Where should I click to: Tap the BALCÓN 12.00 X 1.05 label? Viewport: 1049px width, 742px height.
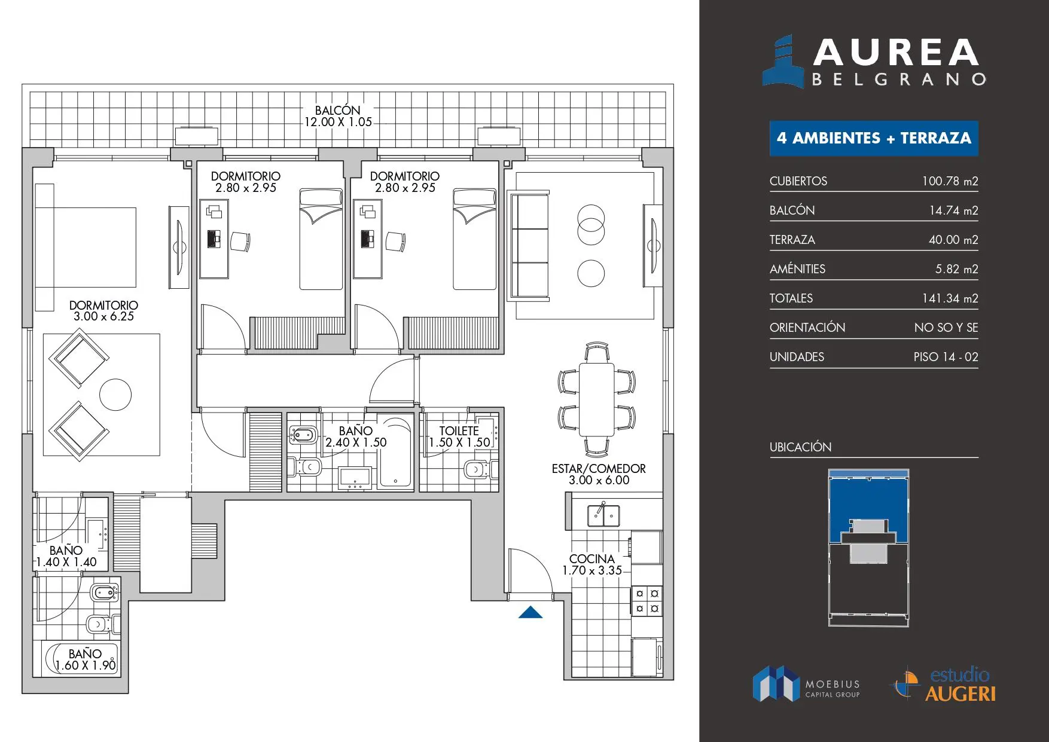pos(338,116)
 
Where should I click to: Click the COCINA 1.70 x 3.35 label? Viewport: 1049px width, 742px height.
pos(592,564)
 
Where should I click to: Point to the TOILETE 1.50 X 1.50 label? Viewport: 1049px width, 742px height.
pos(459,436)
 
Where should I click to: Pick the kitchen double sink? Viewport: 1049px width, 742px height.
pos(603,515)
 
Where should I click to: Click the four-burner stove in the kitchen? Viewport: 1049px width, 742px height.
pos(647,601)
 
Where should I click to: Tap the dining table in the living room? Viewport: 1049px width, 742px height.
pos(596,399)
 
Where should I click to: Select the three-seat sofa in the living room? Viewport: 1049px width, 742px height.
pos(528,245)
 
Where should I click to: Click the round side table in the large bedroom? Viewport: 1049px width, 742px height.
pos(115,395)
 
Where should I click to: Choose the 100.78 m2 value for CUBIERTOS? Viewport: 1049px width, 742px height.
pos(950,181)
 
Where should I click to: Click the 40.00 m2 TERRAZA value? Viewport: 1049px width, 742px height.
pos(953,240)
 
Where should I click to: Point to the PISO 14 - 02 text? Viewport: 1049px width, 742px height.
pos(946,357)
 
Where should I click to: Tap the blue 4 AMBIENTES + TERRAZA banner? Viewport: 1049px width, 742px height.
pos(874,138)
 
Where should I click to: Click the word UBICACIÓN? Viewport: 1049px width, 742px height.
pos(800,447)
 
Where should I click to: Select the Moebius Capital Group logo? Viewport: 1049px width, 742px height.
pos(806,683)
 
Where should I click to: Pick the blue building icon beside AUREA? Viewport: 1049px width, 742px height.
pos(783,62)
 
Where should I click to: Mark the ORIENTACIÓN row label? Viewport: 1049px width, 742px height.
pos(807,328)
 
